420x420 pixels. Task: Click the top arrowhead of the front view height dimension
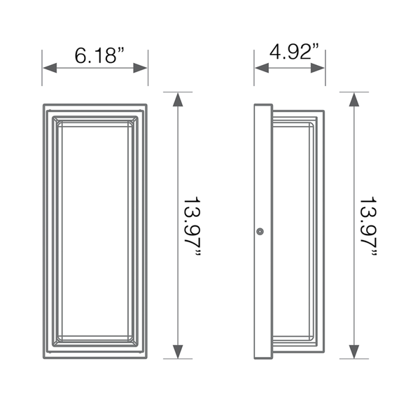coord(178,99)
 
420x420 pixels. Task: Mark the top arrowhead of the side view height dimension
coord(355,99)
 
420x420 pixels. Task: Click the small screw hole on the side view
coord(260,231)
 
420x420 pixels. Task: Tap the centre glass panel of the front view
coord(95,231)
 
